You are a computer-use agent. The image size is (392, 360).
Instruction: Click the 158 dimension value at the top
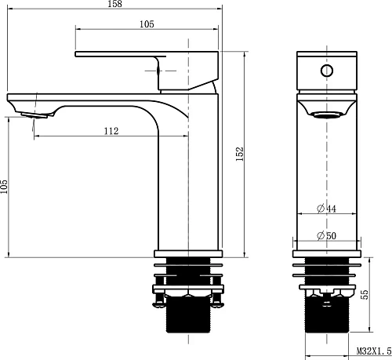tap(114, 4)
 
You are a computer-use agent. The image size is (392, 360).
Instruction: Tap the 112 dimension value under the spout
tap(111, 131)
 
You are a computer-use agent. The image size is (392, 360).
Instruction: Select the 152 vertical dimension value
tap(240, 154)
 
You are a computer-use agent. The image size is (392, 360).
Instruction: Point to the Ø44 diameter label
tap(327, 209)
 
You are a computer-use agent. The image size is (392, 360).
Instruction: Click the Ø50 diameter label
tap(327, 235)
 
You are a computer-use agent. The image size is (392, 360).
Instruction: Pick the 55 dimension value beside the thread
tap(364, 294)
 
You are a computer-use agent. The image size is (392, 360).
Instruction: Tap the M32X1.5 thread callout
tap(374, 351)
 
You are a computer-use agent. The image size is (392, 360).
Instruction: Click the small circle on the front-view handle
tap(327, 71)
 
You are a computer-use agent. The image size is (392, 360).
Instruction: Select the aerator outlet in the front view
tap(327, 115)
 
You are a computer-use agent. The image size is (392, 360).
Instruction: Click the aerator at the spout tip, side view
tap(34, 115)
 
